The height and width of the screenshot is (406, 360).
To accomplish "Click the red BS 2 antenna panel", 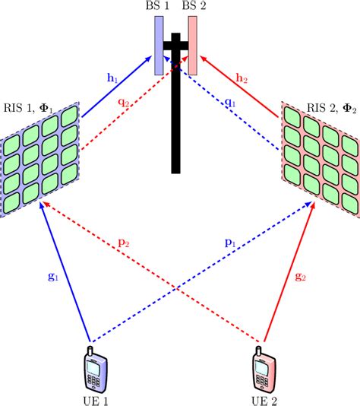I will click(x=193, y=45).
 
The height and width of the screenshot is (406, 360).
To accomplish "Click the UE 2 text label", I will click(x=263, y=400).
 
